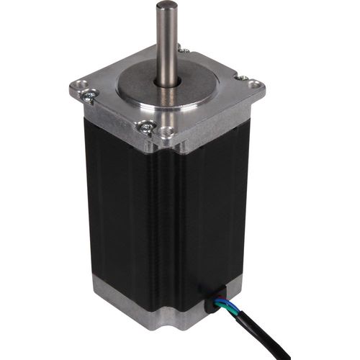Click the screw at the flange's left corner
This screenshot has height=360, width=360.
point(89,94)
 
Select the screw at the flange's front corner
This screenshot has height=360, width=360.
point(148,127)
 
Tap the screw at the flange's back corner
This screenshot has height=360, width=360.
point(184,50)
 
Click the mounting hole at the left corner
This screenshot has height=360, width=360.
point(77,90)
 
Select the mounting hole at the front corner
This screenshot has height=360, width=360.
point(167,132)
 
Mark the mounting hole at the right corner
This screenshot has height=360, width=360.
point(255,85)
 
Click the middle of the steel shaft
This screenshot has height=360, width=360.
point(168,47)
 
